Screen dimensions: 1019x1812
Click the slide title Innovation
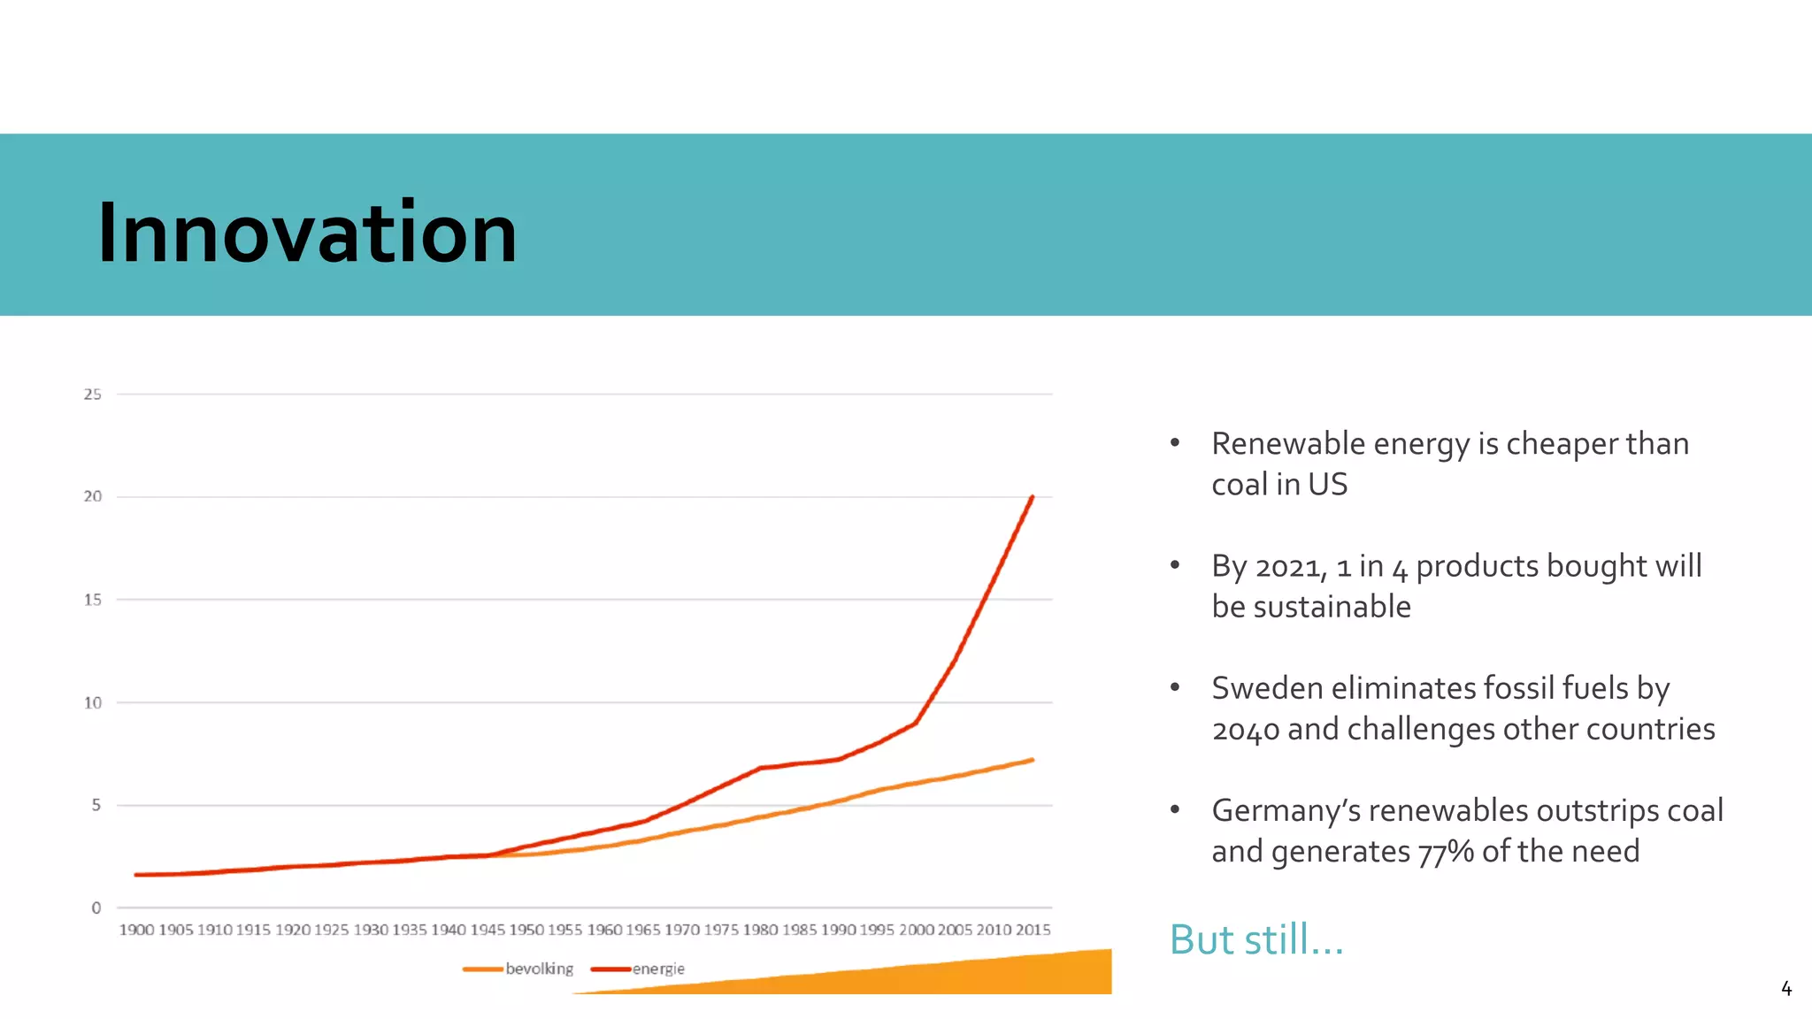pyautogui.click(x=307, y=233)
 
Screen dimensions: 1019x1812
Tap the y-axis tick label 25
pyautogui.click(x=93, y=395)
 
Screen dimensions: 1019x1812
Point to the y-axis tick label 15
pyautogui.click(x=93, y=600)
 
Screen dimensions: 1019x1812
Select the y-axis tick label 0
pyautogui.click(x=96, y=908)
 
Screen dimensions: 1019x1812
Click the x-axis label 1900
pyautogui.click(x=136, y=930)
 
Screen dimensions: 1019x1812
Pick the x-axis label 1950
pyautogui.click(x=526, y=930)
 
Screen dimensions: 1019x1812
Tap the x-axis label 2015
pyautogui.click(x=1033, y=930)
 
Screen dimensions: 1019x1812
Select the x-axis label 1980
pyautogui.click(x=760, y=930)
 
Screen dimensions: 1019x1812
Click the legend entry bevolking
pyautogui.click(x=539, y=969)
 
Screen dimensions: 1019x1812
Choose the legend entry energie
pyautogui.click(x=657, y=969)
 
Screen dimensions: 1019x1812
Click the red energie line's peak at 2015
pyautogui.click(x=1032, y=497)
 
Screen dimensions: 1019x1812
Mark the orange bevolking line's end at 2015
pyautogui.click(x=1032, y=760)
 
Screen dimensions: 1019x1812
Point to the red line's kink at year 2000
pyautogui.click(x=916, y=724)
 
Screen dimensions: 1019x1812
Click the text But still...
pyautogui.click(x=1255, y=939)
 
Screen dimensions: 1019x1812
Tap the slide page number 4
pyautogui.click(x=1785, y=988)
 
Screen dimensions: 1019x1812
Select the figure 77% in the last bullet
pyautogui.click(x=1446, y=852)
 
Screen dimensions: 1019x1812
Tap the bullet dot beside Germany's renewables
pyautogui.click(x=1175, y=809)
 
